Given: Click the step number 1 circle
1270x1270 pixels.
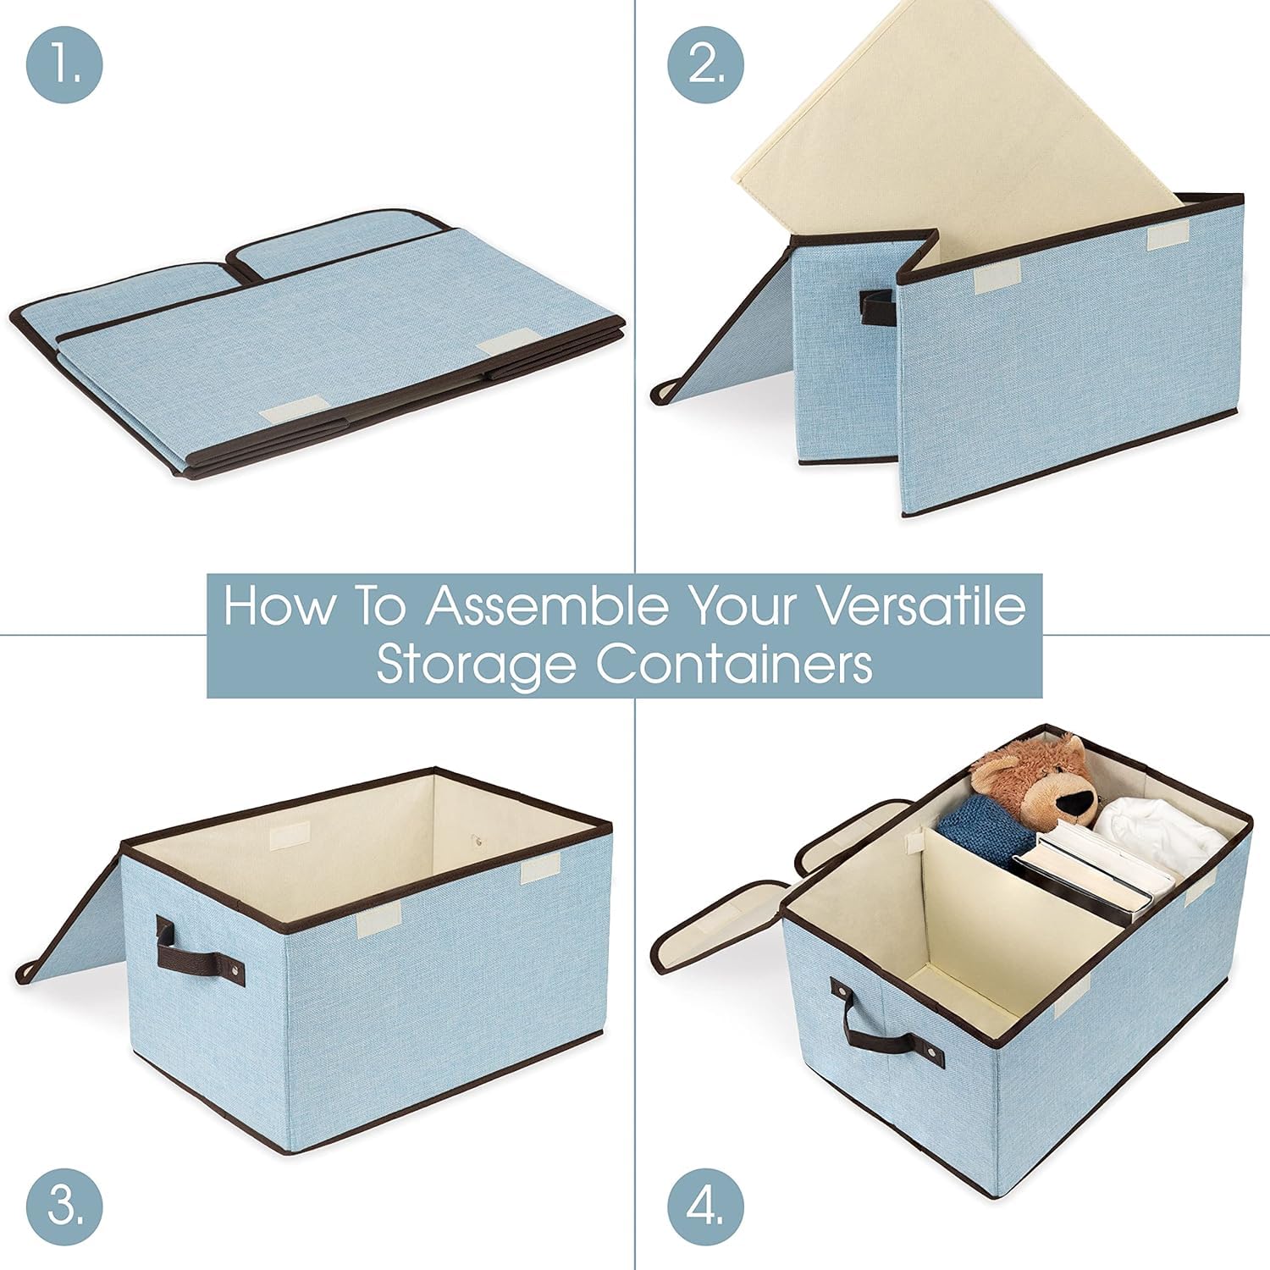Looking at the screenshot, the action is (64, 65).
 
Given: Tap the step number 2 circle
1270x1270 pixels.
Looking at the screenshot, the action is (706, 65).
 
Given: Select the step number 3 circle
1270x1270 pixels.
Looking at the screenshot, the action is (64, 1205).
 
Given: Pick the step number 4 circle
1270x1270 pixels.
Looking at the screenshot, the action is (706, 1205).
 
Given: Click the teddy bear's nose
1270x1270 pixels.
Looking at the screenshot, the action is (1078, 798).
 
